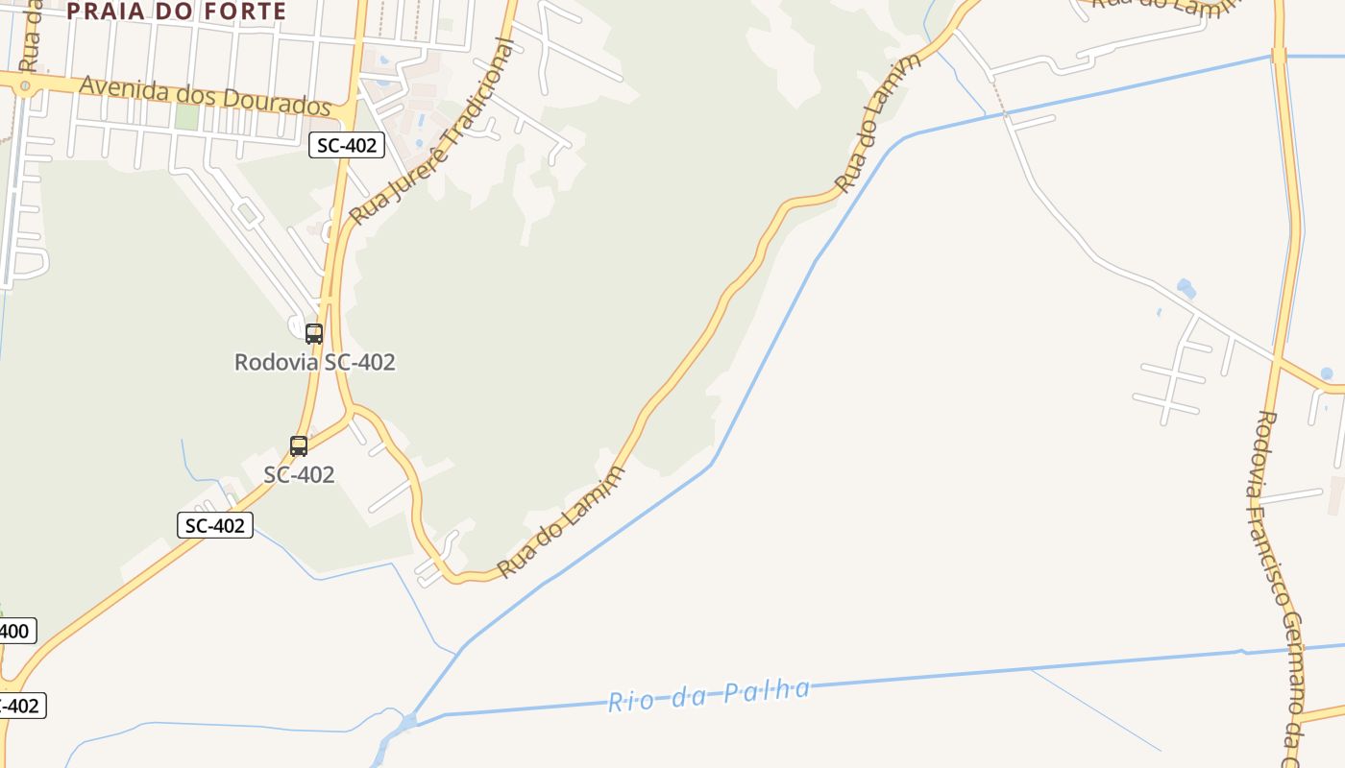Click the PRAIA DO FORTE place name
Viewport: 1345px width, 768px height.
(177, 12)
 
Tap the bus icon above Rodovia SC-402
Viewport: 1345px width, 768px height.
(314, 334)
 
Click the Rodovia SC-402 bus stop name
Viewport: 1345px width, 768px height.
(315, 362)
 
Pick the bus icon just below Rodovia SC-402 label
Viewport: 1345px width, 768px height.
(299, 446)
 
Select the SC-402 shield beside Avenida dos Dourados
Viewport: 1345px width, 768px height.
(347, 145)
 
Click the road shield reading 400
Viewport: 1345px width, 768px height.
(16, 631)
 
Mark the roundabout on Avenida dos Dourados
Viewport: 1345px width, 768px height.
(25, 86)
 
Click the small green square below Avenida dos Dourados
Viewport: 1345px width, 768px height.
(186, 116)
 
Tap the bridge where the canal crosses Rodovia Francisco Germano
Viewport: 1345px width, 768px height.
(1280, 57)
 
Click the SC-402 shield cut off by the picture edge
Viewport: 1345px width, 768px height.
(19, 706)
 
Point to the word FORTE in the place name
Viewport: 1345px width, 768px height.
(245, 12)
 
